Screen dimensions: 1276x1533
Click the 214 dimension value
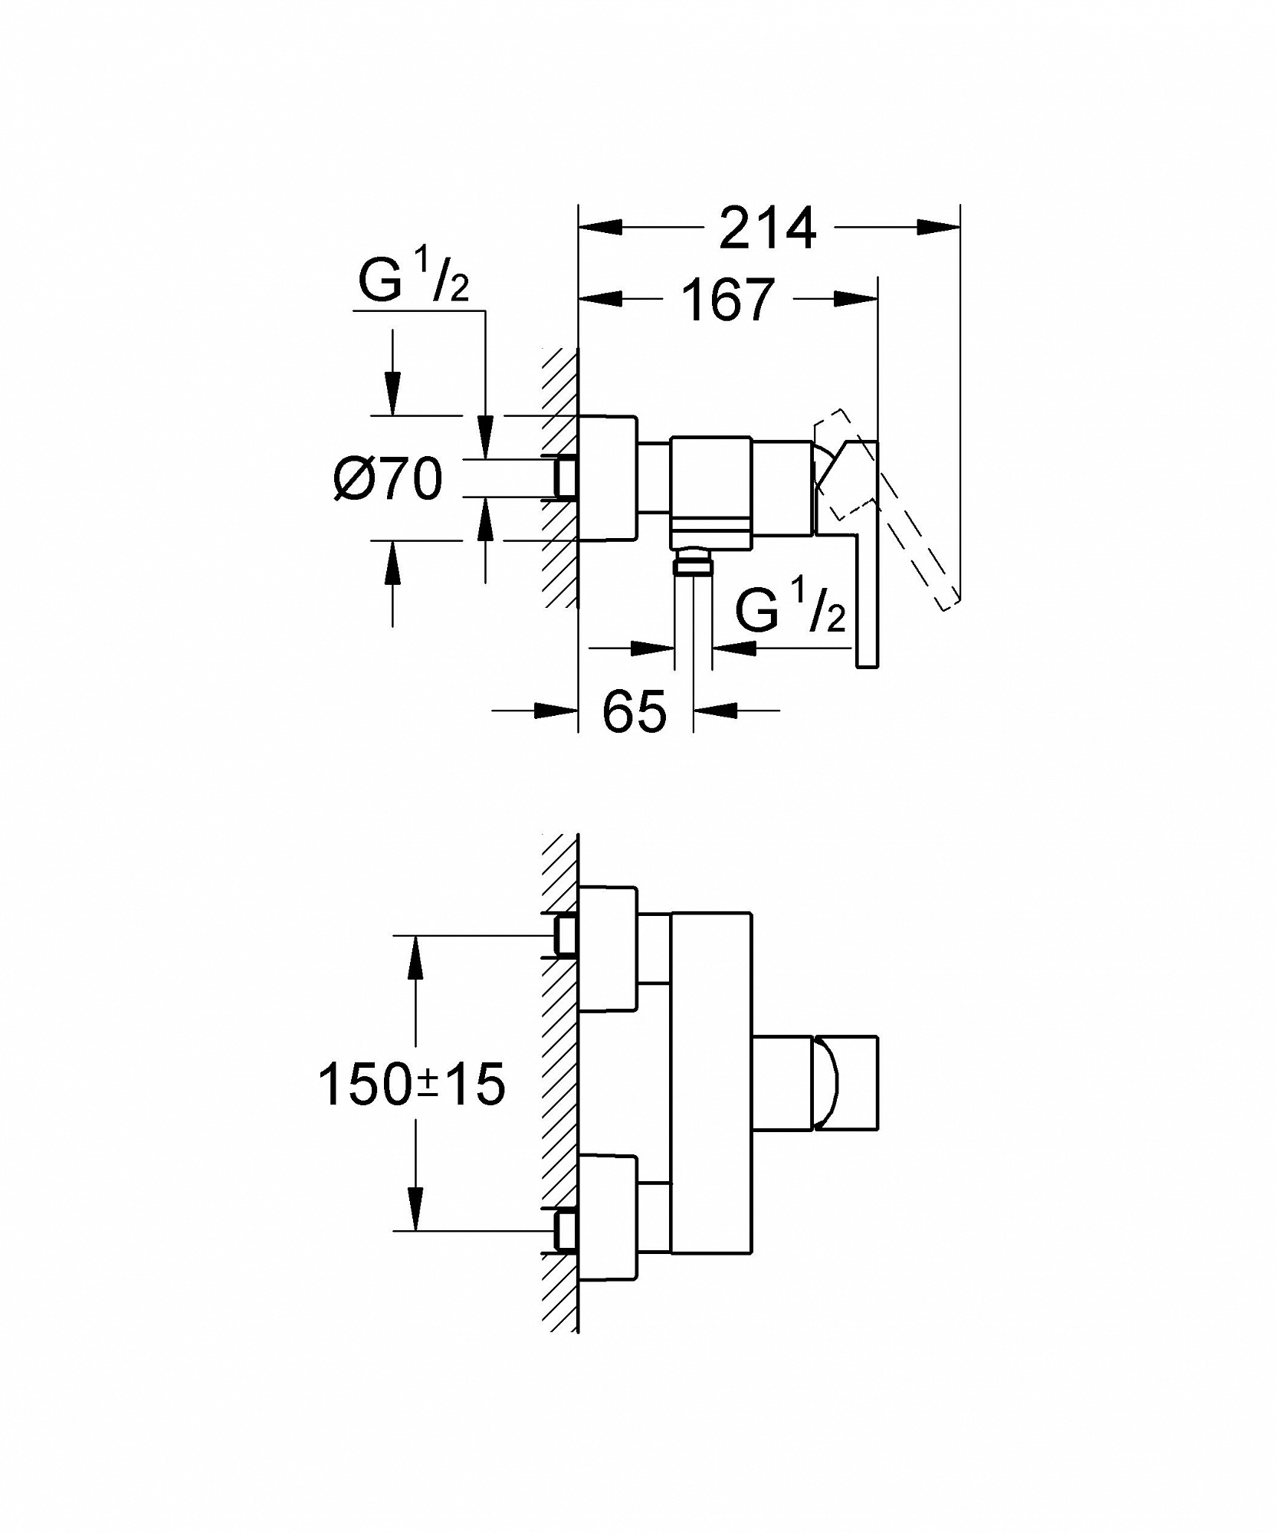767,227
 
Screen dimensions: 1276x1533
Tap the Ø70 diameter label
389,479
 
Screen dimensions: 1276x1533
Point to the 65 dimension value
635,710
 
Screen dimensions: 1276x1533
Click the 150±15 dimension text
412,1085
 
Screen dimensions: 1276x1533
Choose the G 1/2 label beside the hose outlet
791,608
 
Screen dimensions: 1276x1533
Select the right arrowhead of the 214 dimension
938,227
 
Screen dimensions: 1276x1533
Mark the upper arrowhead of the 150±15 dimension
415,957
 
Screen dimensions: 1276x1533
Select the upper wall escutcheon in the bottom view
608,948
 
